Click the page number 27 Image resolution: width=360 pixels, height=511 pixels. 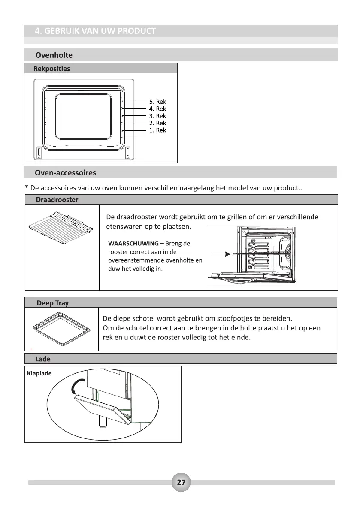[181, 482]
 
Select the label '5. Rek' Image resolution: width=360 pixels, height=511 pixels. [157, 102]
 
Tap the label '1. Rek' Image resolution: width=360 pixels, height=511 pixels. [157, 130]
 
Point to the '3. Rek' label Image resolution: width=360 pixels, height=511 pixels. [157, 116]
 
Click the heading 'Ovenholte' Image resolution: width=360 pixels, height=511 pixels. [54, 55]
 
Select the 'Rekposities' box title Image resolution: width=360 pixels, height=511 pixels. [52, 69]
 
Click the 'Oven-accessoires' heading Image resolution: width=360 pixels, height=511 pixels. [66, 173]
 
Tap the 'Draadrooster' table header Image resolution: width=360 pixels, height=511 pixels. [57, 200]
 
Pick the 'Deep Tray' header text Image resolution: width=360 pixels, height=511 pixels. [52, 303]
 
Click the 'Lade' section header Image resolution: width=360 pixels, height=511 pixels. [43, 359]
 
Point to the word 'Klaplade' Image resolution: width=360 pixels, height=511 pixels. [39, 373]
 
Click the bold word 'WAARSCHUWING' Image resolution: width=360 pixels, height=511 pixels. [133, 244]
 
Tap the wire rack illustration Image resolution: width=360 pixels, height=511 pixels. [60, 226]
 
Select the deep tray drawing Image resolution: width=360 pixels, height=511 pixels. [61, 330]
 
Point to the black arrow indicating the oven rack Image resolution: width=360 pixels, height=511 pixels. [221, 254]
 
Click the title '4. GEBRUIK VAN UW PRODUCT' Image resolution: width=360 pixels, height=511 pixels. [95, 31]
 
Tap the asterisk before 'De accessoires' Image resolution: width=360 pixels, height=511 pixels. [27, 188]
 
